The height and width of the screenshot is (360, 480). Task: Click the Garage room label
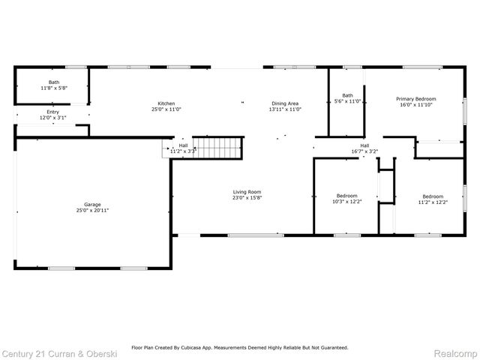pos(92,204)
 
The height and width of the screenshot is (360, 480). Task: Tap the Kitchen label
pos(166,103)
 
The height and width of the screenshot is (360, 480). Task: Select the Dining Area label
pos(285,103)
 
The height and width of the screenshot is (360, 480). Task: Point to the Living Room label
pos(247,192)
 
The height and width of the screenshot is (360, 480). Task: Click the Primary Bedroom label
pos(416,99)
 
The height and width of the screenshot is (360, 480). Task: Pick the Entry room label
pos(52,112)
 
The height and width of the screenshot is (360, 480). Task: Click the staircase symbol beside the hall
pos(219,148)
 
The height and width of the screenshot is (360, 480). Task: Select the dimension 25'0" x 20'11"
pos(92,211)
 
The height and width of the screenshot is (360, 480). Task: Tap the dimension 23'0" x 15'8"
pos(247,199)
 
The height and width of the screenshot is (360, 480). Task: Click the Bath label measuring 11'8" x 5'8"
pos(54,82)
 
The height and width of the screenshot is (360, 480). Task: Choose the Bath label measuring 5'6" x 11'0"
pos(347,95)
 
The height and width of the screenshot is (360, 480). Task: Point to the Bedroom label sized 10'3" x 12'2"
pos(346,196)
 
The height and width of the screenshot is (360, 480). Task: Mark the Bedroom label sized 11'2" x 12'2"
pos(432,196)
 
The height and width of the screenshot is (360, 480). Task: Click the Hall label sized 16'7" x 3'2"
pos(364,145)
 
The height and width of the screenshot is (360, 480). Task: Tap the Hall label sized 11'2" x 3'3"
pos(183,145)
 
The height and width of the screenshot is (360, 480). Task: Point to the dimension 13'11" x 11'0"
pos(285,109)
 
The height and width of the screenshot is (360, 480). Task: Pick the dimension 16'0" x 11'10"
pos(416,105)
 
